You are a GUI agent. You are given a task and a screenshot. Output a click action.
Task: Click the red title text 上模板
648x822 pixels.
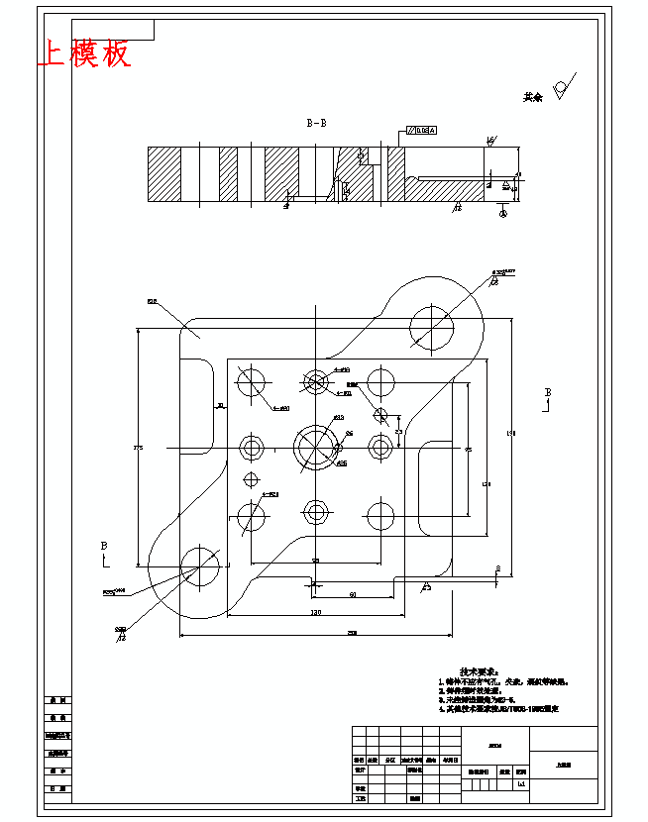(x=83, y=54)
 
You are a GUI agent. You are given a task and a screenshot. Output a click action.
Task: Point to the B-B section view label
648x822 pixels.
(x=316, y=124)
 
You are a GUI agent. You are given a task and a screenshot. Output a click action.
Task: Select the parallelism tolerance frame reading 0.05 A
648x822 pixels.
(x=420, y=131)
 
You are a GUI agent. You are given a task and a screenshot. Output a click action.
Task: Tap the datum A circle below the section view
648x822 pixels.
(x=502, y=210)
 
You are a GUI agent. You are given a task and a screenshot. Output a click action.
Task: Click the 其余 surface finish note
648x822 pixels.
(x=534, y=97)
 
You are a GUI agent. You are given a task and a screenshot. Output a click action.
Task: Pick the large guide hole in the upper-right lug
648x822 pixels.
(x=432, y=326)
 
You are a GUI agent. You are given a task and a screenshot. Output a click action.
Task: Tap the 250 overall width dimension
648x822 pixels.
(x=352, y=633)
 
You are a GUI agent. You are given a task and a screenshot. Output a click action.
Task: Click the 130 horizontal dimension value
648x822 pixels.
(x=314, y=613)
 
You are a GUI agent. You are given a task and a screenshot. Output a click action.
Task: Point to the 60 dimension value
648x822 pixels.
(x=352, y=594)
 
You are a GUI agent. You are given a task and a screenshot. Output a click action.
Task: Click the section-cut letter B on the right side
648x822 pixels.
(x=547, y=394)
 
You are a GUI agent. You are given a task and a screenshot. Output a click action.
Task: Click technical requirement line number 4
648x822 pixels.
(x=500, y=709)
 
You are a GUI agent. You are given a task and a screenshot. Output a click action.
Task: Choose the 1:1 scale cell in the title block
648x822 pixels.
(x=521, y=783)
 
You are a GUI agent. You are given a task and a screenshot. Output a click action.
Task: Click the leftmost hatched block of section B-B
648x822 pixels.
(x=164, y=174)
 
